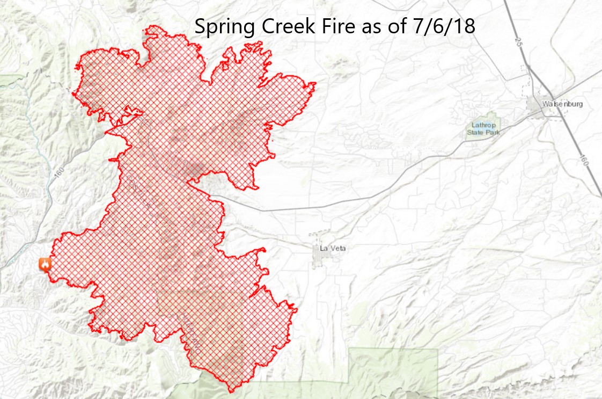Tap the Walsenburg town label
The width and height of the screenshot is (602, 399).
[562, 104]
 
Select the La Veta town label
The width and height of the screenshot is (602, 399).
[331, 248]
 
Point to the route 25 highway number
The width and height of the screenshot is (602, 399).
[517, 41]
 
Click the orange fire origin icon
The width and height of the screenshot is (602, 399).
[45, 264]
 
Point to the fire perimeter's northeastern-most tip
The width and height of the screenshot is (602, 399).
[314, 83]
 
